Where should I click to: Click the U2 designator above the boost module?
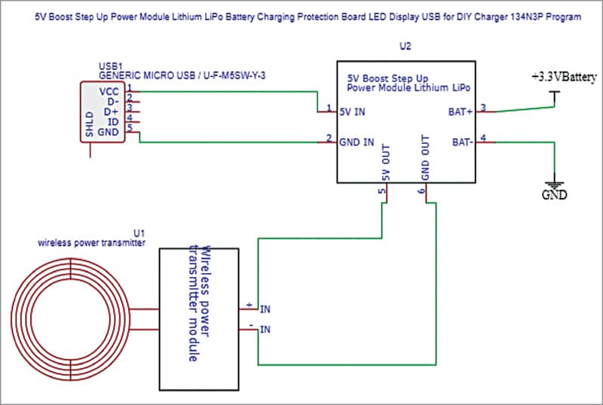(x=406, y=46)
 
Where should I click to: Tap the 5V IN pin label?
(x=354, y=112)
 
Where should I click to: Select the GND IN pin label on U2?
(x=357, y=141)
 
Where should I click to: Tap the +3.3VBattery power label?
(x=565, y=78)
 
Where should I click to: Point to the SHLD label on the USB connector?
(x=89, y=124)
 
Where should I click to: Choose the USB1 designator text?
(x=111, y=66)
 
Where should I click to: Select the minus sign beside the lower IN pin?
(x=249, y=326)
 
